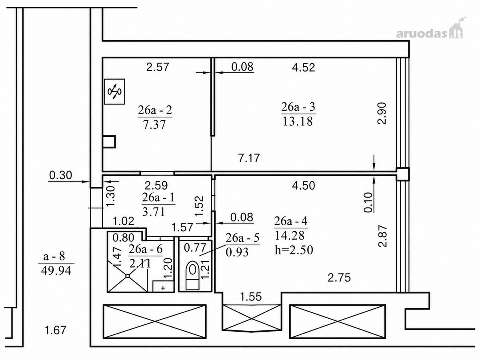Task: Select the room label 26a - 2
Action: (155, 110)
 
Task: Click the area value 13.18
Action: (298, 121)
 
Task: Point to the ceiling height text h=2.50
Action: (294, 250)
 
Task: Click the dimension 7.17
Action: (249, 158)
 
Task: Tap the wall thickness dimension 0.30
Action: (60, 175)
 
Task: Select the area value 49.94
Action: (56, 271)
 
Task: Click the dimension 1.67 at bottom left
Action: (55, 330)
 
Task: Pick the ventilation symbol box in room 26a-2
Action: (114, 92)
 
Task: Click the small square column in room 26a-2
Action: (109, 142)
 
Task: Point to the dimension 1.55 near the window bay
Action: (251, 297)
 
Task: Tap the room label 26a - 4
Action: (291, 221)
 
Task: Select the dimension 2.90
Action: (382, 113)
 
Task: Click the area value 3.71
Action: (153, 212)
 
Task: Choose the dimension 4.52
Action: (304, 68)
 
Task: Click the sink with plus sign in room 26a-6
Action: (163, 286)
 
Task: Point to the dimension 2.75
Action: (339, 278)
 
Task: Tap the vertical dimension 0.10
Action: (368, 202)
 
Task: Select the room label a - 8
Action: (54, 256)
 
